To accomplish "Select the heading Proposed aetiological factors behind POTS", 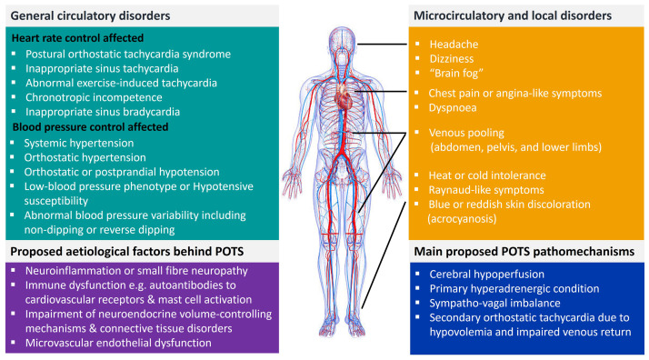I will pos(118,250).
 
